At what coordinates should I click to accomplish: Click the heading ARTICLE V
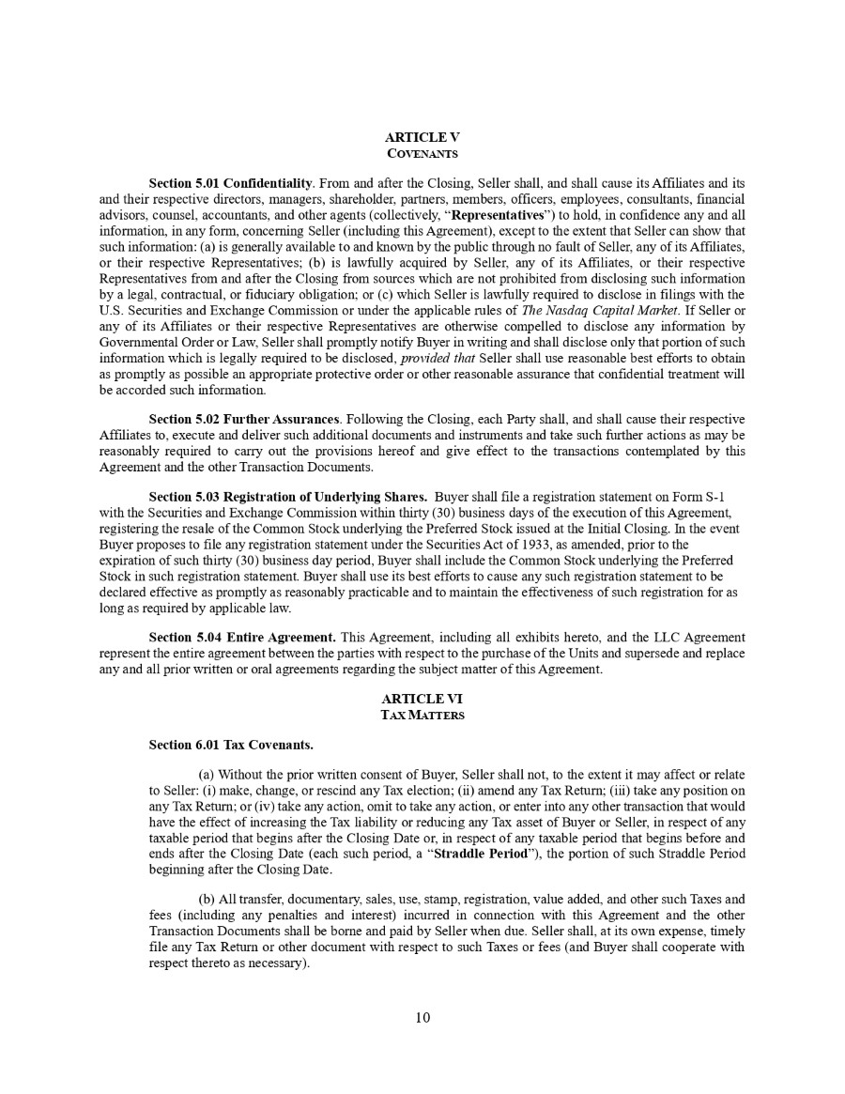[x=422, y=137]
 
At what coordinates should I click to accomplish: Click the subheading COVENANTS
[x=422, y=152]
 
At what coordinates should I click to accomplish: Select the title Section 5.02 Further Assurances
[x=244, y=418]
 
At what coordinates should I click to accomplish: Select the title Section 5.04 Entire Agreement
[x=242, y=638]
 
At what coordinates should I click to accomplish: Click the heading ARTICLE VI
[x=422, y=699]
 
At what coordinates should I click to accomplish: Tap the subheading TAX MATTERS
[x=422, y=715]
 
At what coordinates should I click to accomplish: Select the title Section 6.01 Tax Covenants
[x=231, y=745]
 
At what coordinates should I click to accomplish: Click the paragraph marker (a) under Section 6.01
[x=207, y=775]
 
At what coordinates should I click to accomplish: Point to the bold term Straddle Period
[x=484, y=854]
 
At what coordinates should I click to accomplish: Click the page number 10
[x=422, y=1017]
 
